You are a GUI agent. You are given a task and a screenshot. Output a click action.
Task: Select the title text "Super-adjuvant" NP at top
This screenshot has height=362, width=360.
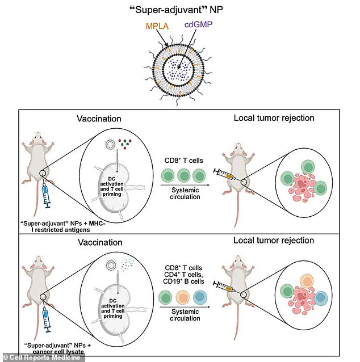point(179,9)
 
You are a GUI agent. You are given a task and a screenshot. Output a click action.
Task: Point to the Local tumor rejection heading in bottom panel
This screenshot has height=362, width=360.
point(274,241)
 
